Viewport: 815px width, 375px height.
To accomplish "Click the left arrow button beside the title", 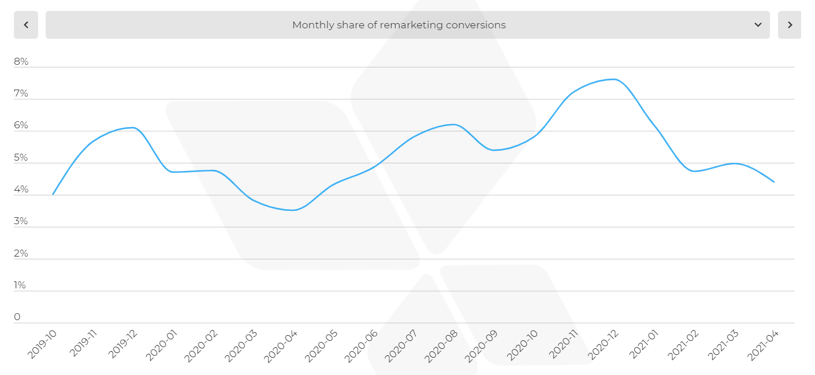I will [x=26, y=25].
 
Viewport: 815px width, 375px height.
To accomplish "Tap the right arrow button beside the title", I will [x=790, y=25].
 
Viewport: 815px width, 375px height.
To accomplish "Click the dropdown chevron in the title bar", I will [x=758, y=25].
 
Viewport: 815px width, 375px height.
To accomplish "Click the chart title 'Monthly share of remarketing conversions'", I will [x=399, y=25].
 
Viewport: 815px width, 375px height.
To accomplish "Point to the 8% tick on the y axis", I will [x=21, y=62].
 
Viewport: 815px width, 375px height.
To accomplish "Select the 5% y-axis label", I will [x=21, y=158].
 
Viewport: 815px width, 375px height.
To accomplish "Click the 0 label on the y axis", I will [x=17, y=317].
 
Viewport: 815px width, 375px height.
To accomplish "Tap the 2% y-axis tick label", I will [x=21, y=254].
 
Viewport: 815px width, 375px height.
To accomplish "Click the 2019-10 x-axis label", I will [x=43, y=344].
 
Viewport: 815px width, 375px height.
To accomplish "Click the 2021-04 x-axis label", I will [x=762, y=346].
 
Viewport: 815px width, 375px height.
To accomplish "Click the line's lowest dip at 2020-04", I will [x=293, y=210].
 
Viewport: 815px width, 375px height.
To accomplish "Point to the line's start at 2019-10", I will [x=53, y=195].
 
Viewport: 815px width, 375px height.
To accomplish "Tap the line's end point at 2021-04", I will [x=774, y=182].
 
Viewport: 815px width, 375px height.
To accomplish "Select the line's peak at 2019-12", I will [x=132, y=127].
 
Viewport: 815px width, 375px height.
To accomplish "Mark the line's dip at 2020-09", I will [x=494, y=150].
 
